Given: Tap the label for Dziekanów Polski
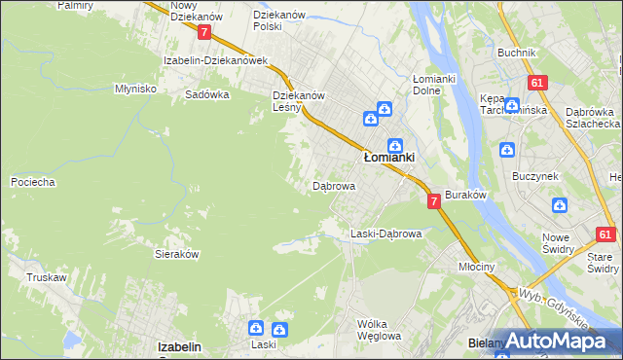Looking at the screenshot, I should [x=280, y=21].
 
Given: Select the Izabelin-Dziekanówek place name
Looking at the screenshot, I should [x=215, y=60].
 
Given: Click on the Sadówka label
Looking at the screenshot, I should [x=206, y=95].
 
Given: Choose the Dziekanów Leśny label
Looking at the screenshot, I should [x=298, y=102].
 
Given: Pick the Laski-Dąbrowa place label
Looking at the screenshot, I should [x=385, y=234].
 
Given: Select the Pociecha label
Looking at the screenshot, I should [x=32, y=182].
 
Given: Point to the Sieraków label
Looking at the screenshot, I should [x=177, y=253].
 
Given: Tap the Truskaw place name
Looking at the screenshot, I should [x=47, y=277].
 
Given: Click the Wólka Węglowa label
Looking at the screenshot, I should [x=379, y=330].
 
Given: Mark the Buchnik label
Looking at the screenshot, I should [x=516, y=53].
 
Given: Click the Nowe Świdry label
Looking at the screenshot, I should [x=568, y=244].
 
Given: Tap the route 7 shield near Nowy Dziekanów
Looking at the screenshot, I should [x=203, y=32].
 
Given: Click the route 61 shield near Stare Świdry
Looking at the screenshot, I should [x=605, y=234].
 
